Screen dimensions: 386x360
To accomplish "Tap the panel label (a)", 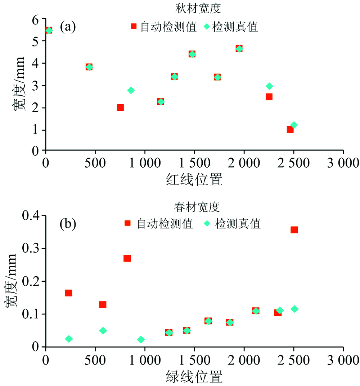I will [67, 26].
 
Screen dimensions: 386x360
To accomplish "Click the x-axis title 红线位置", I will [194, 179].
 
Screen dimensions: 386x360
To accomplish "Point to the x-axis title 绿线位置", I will [194, 376].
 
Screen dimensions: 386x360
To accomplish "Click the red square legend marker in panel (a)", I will [134, 27].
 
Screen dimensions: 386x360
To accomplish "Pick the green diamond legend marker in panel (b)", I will [207, 224].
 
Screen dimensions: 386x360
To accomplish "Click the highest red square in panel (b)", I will [294, 230].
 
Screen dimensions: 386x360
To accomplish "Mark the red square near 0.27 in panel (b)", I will [127, 258].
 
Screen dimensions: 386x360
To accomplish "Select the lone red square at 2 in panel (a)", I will [120, 108].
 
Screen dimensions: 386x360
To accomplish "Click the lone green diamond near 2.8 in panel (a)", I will [131, 90].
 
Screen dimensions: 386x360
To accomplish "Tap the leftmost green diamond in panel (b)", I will [69, 339].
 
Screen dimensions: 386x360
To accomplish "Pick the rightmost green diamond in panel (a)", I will [294, 125].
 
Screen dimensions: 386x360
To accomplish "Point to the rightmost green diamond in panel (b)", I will [294, 309].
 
